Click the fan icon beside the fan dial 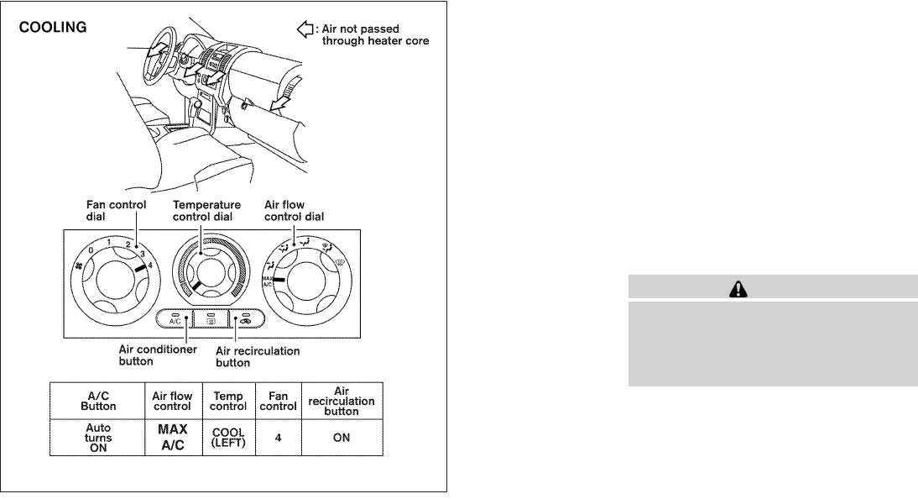[79, 266]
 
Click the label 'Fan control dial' [116, 210]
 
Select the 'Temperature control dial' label [206, 210]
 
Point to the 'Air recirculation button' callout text [258, 356]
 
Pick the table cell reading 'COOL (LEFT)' [229, 438]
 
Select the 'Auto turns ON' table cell [97, 438]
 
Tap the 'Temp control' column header [229, 400]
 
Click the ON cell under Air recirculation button [341, 438]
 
